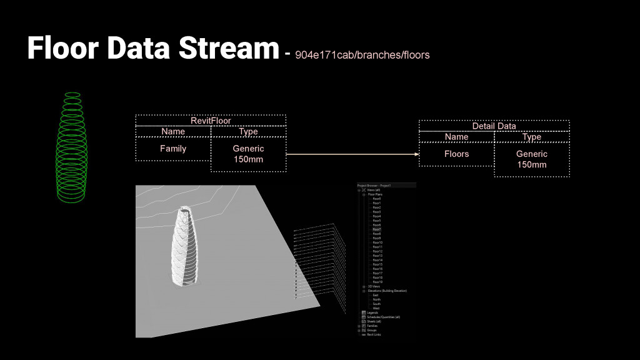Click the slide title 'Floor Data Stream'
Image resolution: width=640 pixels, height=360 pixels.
pos(152,49)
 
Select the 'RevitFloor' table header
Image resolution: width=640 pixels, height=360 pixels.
pos(211,120)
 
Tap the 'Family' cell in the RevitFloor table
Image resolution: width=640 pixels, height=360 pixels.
pos(173,149)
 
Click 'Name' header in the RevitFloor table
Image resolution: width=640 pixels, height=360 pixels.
pos(173,131)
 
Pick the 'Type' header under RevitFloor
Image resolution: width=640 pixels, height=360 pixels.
pos(248,131)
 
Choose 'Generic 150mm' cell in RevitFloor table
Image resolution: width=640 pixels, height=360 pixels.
pos(248,154)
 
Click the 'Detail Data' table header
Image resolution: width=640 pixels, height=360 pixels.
pos(494,126)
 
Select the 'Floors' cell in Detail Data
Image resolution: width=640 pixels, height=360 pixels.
pos(456,154)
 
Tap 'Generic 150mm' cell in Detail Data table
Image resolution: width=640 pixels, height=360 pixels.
pos(531,159)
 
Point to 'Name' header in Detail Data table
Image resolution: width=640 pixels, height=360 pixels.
pos(456,137)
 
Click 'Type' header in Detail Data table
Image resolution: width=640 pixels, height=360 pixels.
pos(531,137)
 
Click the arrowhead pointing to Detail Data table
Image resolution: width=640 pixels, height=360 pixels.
pos(415,154)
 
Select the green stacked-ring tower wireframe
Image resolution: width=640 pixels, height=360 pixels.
pos(72,148)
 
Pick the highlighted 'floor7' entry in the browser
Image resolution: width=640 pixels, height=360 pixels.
pos(377,229)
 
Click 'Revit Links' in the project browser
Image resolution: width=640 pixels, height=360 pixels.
pos(374,335)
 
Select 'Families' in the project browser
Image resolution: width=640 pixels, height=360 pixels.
pos(372,326)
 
